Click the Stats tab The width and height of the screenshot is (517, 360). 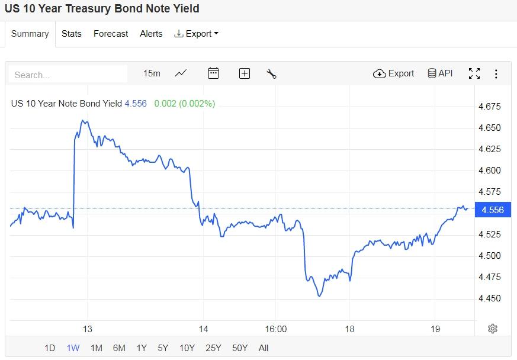(71, 34)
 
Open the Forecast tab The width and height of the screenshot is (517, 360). (111, 34)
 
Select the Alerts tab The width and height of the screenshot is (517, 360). (151, 34)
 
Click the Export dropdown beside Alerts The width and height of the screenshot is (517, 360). (197, 34)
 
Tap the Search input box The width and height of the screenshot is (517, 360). (68, 75)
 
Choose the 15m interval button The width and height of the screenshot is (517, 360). (152, 73)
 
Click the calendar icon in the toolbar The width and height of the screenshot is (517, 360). (213, 73)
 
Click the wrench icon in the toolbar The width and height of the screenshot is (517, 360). (272, 73)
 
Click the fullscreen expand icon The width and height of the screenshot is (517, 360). (474, 73)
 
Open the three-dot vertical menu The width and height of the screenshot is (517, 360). (496, 73)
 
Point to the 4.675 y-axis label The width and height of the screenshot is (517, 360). (489, 107)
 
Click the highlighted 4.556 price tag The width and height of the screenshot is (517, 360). (493, 210)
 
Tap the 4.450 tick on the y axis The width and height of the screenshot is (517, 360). (489, 298)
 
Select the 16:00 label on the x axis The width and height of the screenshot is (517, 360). (275, 329)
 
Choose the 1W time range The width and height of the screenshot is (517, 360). (73, 348)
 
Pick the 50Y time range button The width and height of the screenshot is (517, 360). (239, 348)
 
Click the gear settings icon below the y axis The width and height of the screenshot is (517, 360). (493, 329)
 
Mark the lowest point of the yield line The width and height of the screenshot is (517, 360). (319, 296)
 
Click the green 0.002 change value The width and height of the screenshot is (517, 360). (165, 104)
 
